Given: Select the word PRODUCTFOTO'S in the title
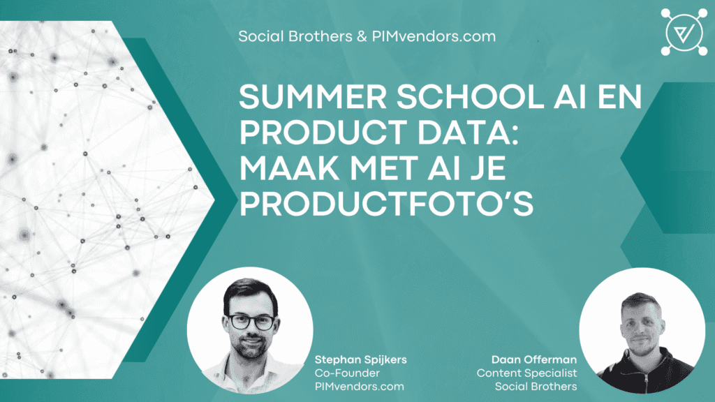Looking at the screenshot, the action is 386,204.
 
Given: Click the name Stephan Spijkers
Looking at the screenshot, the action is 361,359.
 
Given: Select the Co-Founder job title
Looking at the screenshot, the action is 347,373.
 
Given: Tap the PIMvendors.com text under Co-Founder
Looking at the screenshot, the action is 360,387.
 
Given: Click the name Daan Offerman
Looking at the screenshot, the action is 534,359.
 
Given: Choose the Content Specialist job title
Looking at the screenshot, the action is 526,373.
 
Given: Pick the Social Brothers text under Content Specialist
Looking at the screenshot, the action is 536,387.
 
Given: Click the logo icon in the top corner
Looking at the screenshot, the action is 684,32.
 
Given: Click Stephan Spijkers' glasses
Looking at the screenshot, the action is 251,322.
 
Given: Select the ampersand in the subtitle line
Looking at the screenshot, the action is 362,36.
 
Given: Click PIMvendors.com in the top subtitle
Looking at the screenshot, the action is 434,36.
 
